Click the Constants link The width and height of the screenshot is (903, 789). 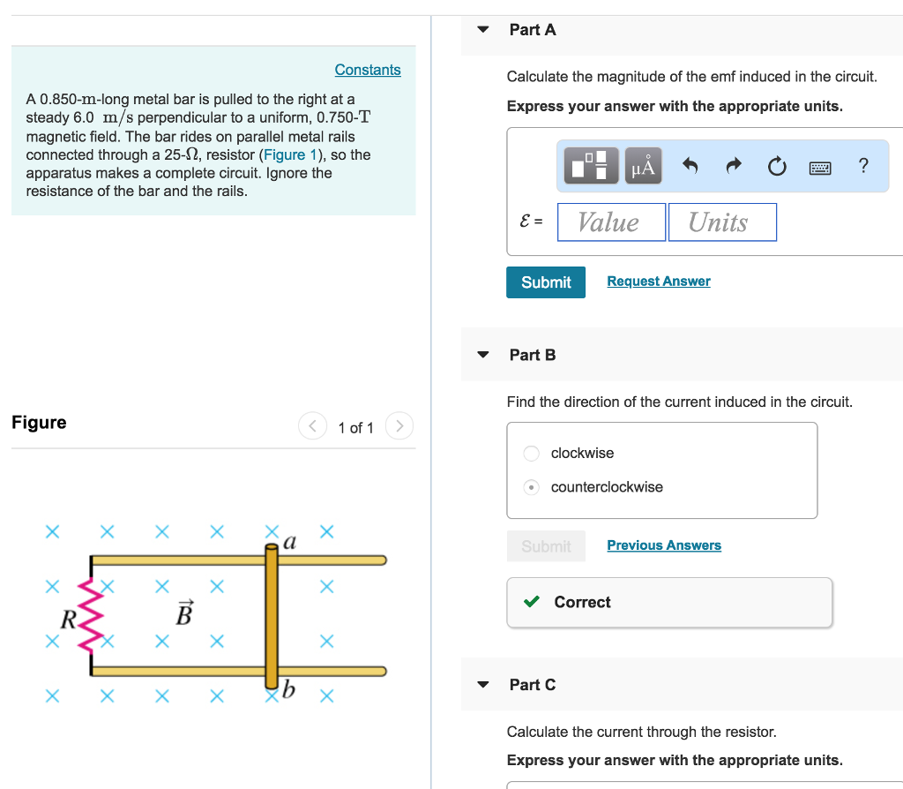368,70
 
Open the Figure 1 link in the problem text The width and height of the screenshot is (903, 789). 285,154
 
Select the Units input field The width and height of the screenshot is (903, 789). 722,222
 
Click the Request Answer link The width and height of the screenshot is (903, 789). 659,282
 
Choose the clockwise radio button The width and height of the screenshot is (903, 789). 532,454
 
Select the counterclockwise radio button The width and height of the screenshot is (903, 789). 532,487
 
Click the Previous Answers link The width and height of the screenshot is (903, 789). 664,545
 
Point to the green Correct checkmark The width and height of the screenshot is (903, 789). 532,602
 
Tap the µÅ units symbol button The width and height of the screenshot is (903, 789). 644,166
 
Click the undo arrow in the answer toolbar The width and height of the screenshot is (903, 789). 690,166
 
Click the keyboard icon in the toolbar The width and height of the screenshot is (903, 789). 820,166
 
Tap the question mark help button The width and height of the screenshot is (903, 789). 863,166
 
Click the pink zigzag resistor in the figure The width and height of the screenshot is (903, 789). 92,614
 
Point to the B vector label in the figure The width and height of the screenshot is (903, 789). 183,612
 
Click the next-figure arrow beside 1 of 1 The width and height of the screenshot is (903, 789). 399,427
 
